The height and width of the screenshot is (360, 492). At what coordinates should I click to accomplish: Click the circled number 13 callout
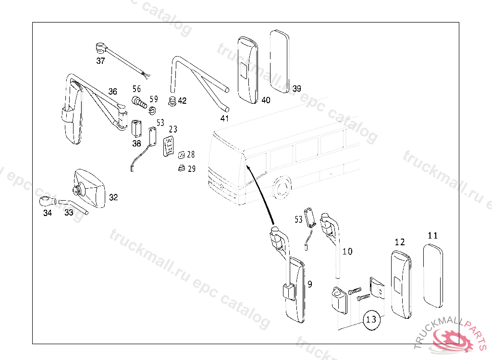click(x=371, y=319)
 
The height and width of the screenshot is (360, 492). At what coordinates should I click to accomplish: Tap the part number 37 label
click(x=100, y=61)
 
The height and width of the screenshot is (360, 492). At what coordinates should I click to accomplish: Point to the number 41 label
click(x=224, y=119)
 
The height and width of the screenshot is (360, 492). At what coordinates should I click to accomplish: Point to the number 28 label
click(x=191, y=155)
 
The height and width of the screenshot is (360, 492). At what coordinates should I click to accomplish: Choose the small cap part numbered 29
click(x=182, y=168)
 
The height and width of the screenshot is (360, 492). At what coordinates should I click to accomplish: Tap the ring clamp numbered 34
click(x=46, y=201)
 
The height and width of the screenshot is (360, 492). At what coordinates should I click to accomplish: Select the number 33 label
click(x=69, y=213)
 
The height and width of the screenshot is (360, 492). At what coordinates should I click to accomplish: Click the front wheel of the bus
click(x=282, y=188)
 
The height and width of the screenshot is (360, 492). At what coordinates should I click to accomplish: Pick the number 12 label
click(x=400, y=242)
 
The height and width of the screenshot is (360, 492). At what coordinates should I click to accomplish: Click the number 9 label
click(x=310, y=285)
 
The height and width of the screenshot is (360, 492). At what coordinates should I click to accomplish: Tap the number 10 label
click(x=347, y=251)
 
